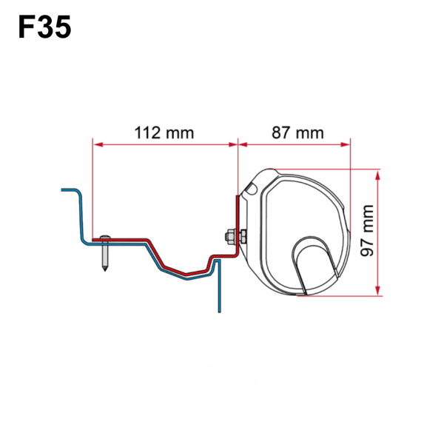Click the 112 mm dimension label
click(164, 133)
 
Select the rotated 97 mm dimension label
click(368, 232)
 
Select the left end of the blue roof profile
click(63, 189)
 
